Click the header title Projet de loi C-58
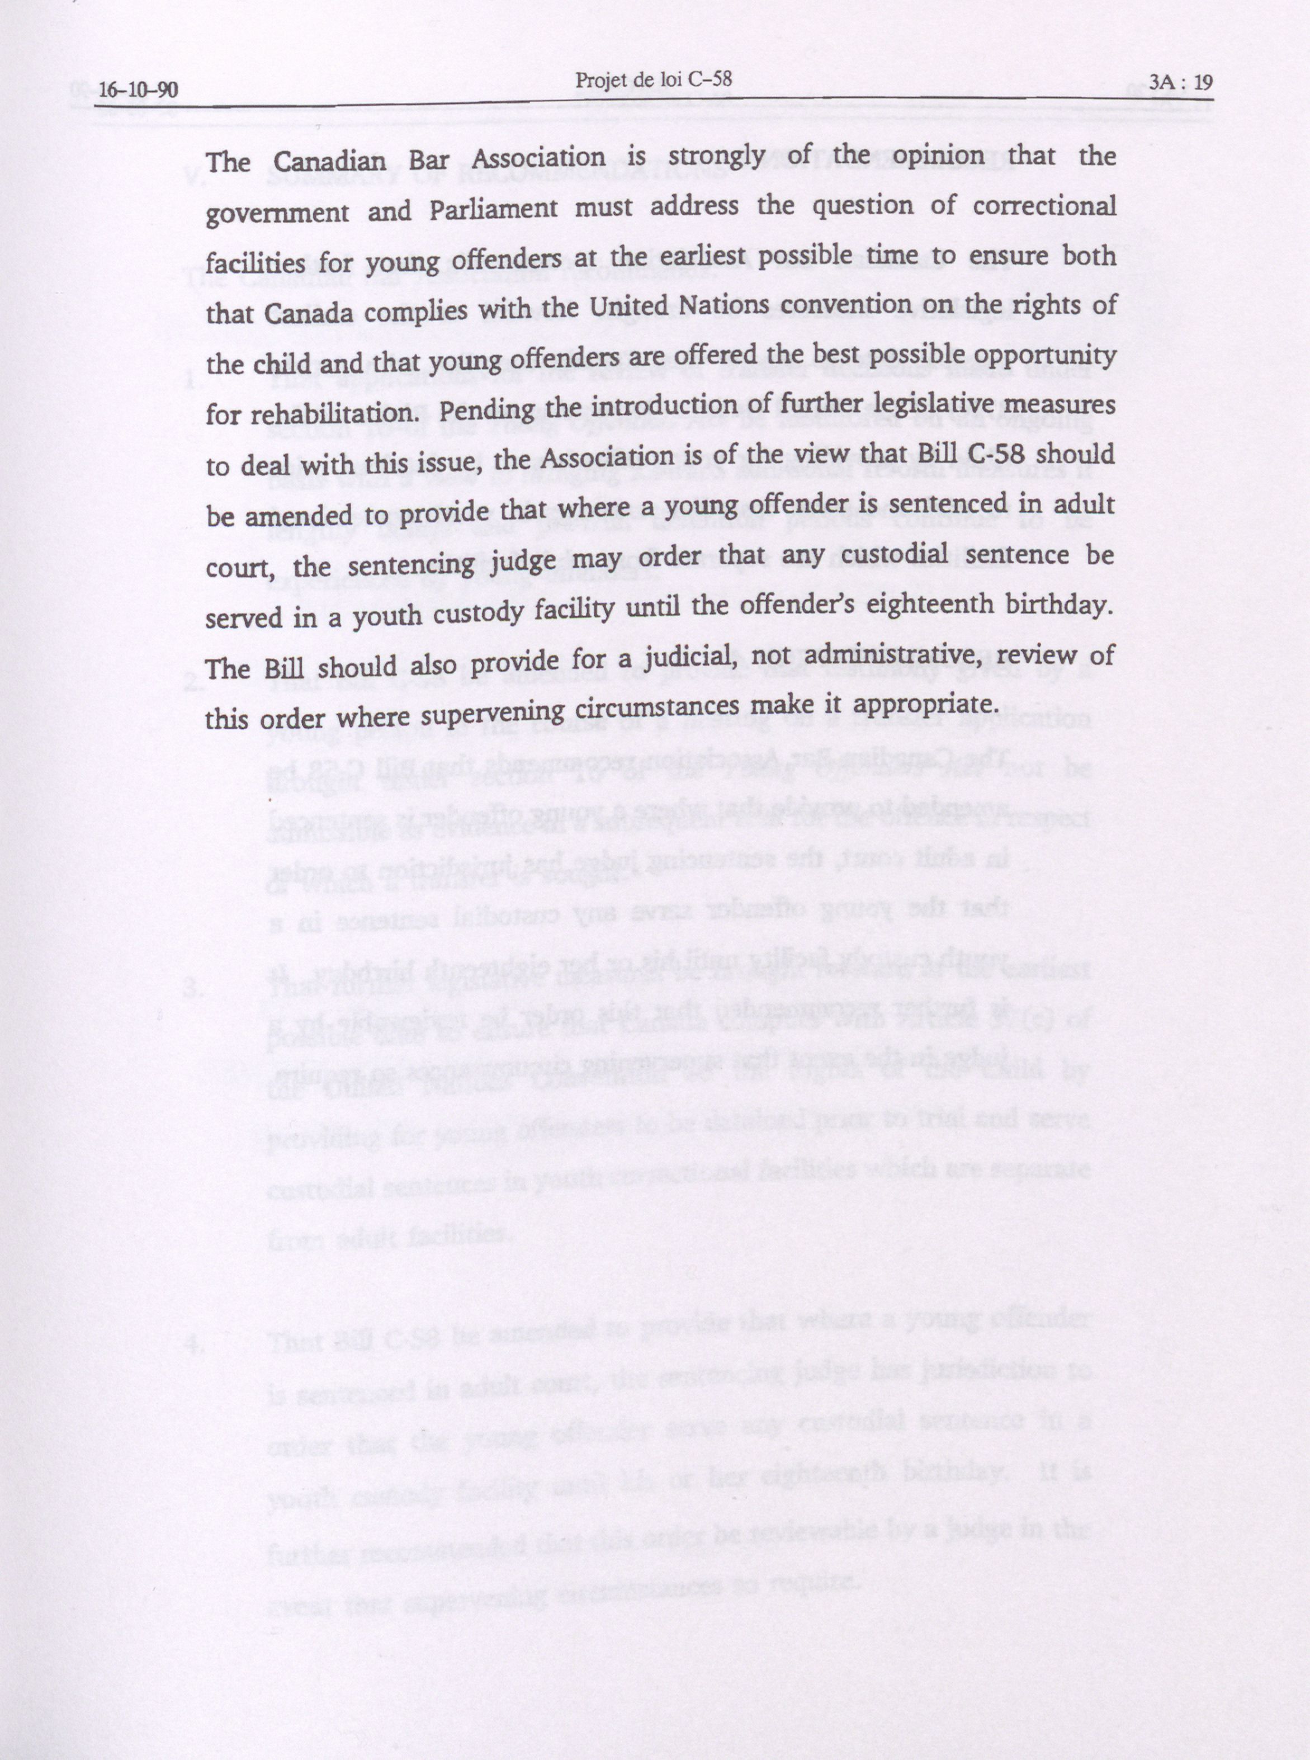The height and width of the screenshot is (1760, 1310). tap(652, 79)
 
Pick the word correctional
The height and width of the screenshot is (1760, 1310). tap(1044, 205)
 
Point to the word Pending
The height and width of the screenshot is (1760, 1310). tap(486, 411)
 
